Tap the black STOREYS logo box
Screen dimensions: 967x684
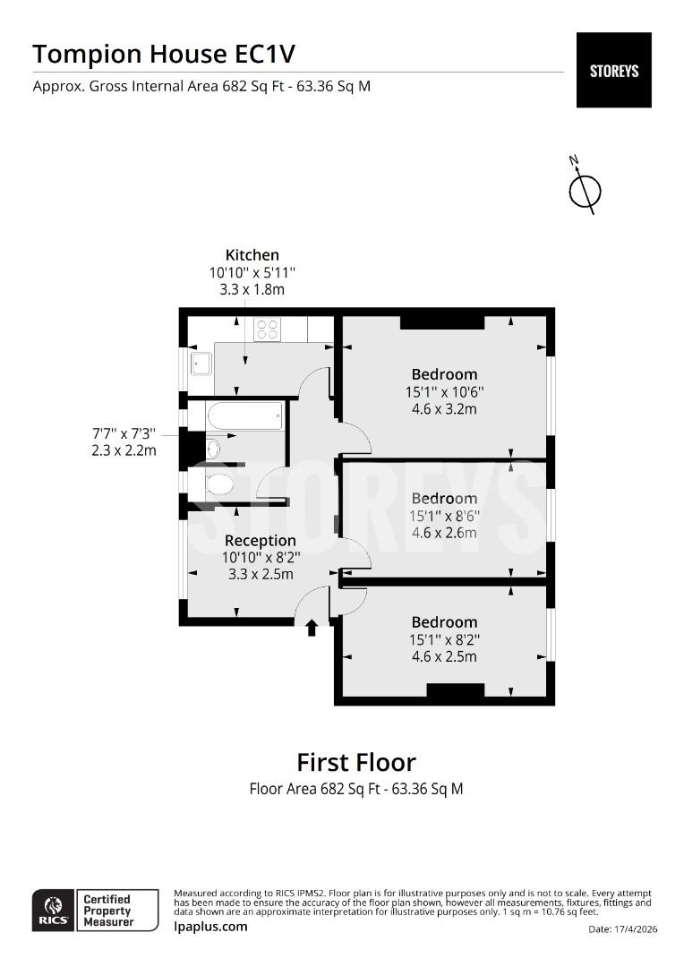tap(613, 70)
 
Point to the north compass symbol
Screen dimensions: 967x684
tap(585, 189)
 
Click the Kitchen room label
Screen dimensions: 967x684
tap(252, 255)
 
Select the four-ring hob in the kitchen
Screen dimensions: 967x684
tap(267, 329)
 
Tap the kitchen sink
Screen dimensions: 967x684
tap(201, 363)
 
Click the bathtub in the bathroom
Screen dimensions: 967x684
tap(245, 415)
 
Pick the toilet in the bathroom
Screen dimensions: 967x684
tap(218, 484)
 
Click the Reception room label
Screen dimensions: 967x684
tap(260, 541)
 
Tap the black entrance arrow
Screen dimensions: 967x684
tap(312, 628)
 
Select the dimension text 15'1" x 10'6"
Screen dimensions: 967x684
tap(444, 391)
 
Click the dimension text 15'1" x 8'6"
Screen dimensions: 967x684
tap(444, 516)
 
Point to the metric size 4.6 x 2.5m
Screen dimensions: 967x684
tap(444, 656)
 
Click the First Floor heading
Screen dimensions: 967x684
tap(356, 763)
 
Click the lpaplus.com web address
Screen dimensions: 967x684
tap(210, 927)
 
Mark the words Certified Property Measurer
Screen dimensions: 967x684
tap(107, 910)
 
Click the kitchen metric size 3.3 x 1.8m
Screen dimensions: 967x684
tap(252, 290)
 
